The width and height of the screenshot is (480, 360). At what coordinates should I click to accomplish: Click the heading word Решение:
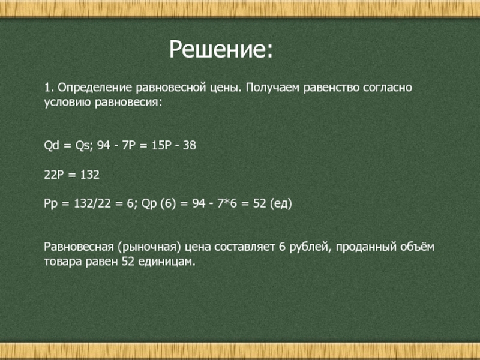[x=221, y=50]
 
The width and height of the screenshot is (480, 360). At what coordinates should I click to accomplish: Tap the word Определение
[x=95, y=88]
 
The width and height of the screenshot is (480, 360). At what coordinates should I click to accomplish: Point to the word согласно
[x=388, y=88]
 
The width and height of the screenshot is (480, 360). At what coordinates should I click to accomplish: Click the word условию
[x=68, y=103]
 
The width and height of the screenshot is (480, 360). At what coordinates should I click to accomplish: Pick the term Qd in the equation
[x=51, y=145]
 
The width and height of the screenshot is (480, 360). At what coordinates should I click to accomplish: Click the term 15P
[x=161, y=145]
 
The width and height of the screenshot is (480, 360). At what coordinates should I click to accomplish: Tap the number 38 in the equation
[x=190, y=145]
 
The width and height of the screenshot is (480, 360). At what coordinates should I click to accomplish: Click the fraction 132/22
[x=92, y=203]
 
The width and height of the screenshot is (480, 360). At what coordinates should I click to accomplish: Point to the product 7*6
[x=227, y=203]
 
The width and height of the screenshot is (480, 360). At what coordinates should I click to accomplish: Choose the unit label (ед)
[x=281, y=204]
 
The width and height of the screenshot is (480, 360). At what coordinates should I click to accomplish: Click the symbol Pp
[x=50, y=204]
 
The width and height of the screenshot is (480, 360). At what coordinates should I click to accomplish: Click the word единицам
[x=166, y=262]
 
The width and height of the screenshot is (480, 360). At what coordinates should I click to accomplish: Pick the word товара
[x=63, y=262]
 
